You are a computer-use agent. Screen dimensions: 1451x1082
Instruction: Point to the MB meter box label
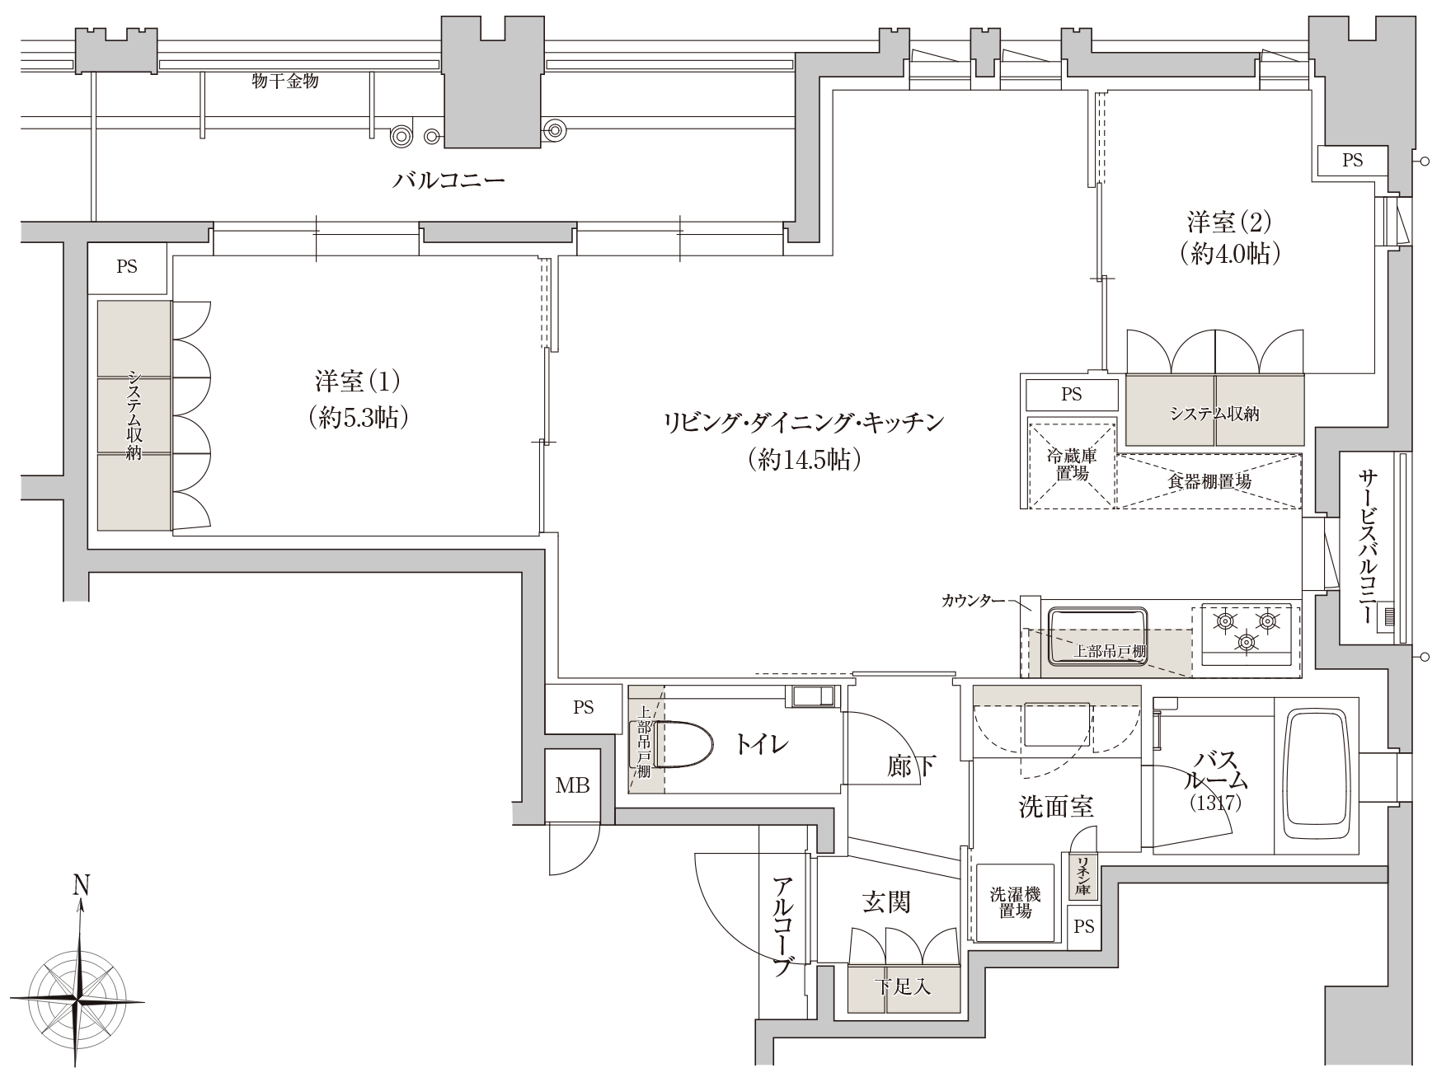[572, 785]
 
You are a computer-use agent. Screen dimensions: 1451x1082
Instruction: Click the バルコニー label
[448, 180]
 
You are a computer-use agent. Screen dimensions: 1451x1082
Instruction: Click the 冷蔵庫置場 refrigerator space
[1071, 463]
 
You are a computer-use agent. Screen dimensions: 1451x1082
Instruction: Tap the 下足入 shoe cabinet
[904, 986]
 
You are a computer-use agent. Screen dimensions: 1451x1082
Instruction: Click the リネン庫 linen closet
[1082, 876]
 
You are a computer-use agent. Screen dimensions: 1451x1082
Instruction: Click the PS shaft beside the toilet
[583, 708]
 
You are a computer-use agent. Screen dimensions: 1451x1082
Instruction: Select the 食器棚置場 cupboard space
[1209, 481]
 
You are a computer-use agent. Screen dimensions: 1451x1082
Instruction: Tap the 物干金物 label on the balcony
[285, 82]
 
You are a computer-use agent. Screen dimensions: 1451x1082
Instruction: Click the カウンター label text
[973, 601]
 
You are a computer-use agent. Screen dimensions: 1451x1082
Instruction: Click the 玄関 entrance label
[886, 902]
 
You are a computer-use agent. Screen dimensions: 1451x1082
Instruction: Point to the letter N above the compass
[81, 886]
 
